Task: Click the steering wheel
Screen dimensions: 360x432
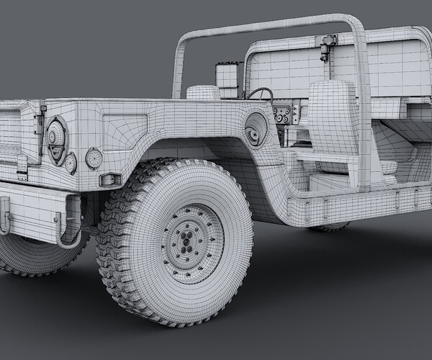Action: click(261, 94)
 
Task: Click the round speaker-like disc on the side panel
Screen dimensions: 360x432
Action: click(256, 129)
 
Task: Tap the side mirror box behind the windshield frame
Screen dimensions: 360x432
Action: click(228, 77)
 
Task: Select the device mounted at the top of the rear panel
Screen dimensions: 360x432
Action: click(328, 46)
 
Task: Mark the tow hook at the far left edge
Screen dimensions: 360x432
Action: click(4, 216)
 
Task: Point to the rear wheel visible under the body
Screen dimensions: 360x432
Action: click(330, 227)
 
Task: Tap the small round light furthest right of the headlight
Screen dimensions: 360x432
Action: click(94, 158)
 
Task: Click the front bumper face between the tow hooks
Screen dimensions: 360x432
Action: click(36, 205)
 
